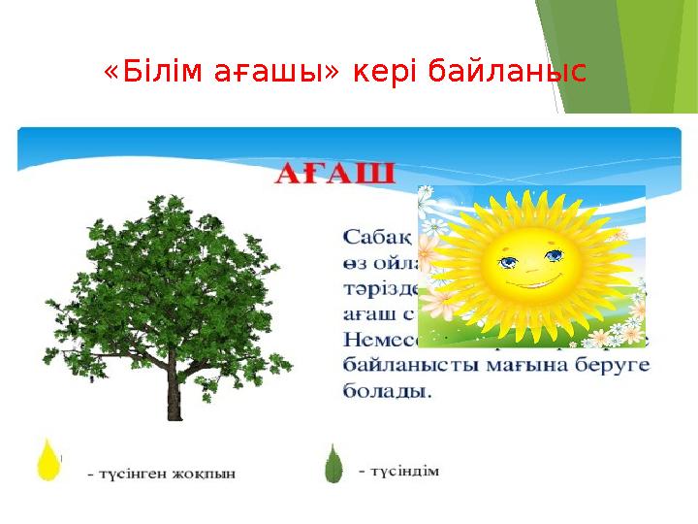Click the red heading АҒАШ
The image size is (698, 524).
(x=335, y=175)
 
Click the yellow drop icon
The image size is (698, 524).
(x=48, y=460)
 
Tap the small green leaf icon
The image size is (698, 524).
(x=333, y=464)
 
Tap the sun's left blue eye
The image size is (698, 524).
(x=507, y=259)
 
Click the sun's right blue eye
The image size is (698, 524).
(x=554, y=256)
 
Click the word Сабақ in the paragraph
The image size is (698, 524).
(x=378, y=235)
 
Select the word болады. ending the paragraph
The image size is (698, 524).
(x=388, y=392)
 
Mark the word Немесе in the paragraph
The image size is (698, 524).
(x=382, y=340)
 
